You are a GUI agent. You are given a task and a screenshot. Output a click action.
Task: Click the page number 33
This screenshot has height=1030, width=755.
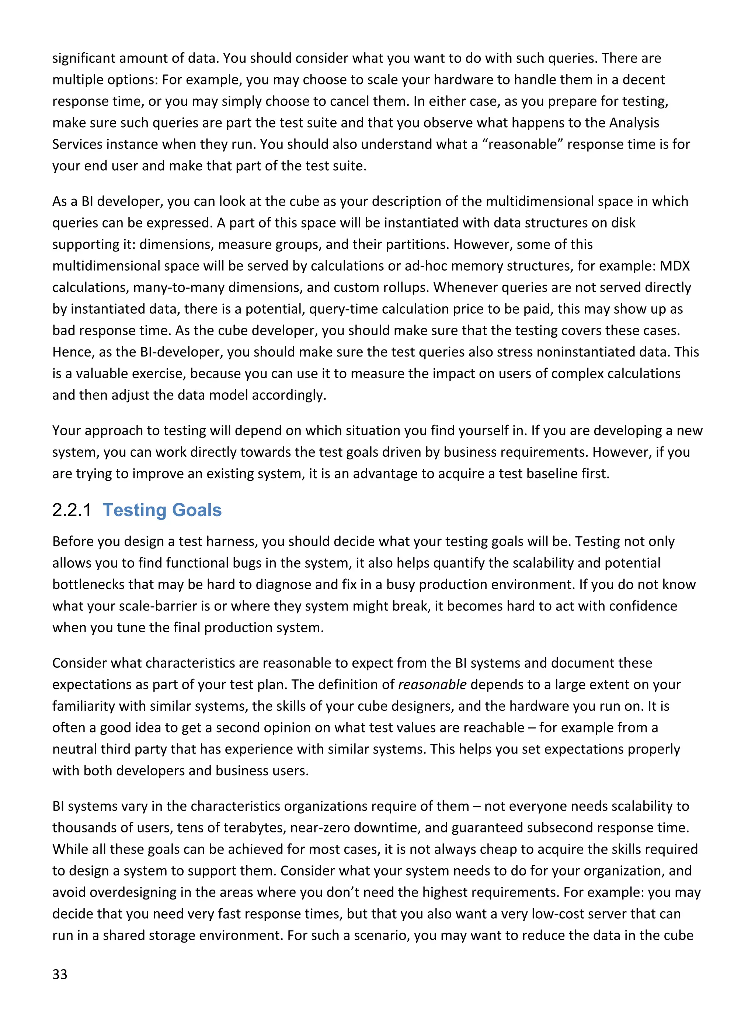coord(59,974)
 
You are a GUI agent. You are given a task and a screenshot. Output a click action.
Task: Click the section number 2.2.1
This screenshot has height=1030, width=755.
coord(72,510)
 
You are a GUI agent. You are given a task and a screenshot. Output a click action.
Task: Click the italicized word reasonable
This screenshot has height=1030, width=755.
coord(432,685)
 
